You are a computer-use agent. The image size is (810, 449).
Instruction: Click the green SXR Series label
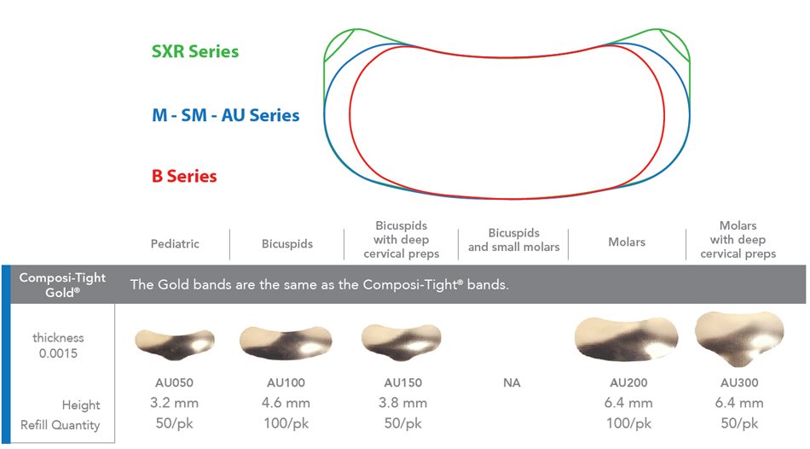[194, 51]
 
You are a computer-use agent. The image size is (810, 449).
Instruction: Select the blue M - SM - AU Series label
[225, 115]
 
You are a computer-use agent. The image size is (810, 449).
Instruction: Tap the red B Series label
[184, 176]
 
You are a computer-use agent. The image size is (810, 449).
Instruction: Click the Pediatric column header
[175, 243]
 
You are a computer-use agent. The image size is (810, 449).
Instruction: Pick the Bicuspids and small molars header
[513, 240]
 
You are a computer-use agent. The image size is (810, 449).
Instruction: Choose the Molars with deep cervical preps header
[738, 240]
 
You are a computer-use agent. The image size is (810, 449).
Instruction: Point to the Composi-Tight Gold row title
[62, 284]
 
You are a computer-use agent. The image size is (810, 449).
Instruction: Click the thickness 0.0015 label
[58, 346]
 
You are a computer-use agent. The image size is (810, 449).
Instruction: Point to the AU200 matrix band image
[627, 340]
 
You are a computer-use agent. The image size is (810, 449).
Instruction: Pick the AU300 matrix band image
[739, 339]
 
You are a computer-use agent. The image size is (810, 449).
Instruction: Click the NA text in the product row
[512, 382]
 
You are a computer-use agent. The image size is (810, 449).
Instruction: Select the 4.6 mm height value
[286, 403]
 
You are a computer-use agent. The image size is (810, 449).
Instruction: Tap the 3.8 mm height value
[403, 403]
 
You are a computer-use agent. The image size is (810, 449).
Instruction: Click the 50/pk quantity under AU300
[739, 423]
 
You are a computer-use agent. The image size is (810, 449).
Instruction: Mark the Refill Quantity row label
[61, 425]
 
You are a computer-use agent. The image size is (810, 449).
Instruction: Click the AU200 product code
[628, 382]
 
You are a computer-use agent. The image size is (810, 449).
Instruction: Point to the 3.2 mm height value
[175, 403]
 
